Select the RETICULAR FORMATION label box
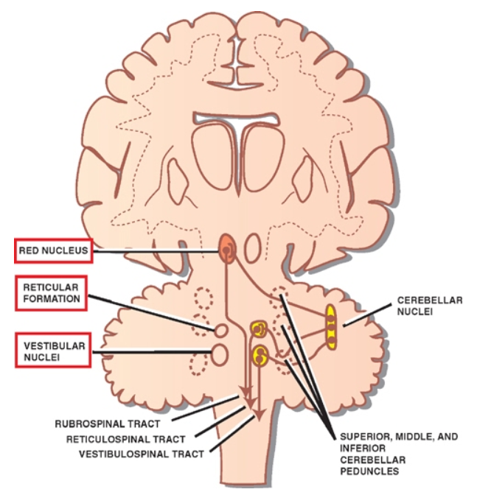tap(49, 292)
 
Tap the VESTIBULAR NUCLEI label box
tap(51, 350)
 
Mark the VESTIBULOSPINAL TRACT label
tap(140, 453)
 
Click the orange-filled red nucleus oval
tap(226, 249)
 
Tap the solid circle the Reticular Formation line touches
tap(220, 328)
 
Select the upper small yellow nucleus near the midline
tap(259, 326)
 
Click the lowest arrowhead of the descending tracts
tap(257, 418)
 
